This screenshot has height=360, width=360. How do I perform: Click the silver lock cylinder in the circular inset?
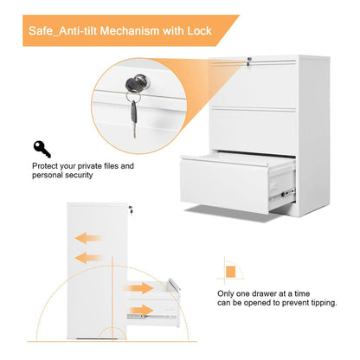pyautogui.click(x=139, y=82)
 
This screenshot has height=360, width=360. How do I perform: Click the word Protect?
pyautogui.click(x=48, y=165)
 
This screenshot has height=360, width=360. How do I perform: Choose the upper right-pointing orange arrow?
pyautogui.click(x=138, y=288)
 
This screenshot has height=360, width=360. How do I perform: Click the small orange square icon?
pyautogui.click(x=229, y=270)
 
